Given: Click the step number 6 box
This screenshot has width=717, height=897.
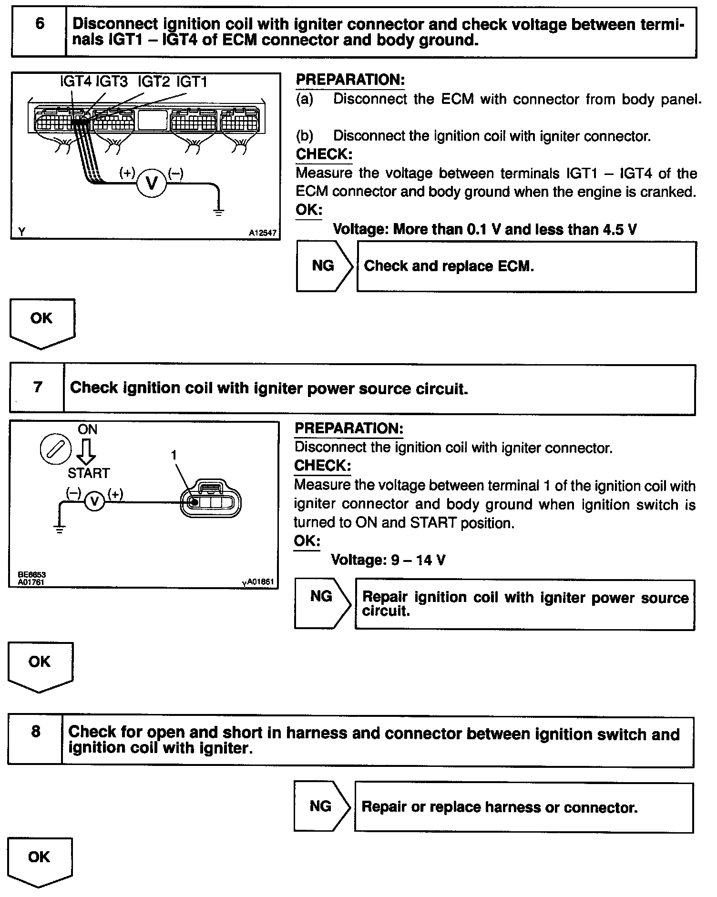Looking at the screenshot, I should tap(39, 32).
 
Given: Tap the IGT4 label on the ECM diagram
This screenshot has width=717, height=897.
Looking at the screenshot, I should tap(75, 82).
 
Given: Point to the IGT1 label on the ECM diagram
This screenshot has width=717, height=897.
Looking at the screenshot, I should tap(192, 82).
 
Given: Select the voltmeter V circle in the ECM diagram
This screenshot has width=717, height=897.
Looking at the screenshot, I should tap(152, 183).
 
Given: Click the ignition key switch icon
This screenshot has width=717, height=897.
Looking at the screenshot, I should tap(56, 449).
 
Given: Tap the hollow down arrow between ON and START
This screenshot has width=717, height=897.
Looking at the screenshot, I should tap(87, 451).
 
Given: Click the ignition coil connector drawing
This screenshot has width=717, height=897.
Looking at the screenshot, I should tap(211, 502).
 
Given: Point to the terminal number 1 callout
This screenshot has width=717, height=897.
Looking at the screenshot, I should tap(174, 456).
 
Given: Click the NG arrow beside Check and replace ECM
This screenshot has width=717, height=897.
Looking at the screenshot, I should tap(324, 266).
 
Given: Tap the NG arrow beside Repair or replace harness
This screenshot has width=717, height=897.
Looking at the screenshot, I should tap(321, 806).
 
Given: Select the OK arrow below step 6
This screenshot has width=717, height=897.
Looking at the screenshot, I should tap(42, 323).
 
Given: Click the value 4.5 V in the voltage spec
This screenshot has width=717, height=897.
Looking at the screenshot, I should tap(619, 230).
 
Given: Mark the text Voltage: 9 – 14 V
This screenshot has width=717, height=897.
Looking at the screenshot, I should tap(388, 560).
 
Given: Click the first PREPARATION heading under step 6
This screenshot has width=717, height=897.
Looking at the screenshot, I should tap(350, 80).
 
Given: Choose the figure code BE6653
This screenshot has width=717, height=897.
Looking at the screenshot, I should tap(31, 575).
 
